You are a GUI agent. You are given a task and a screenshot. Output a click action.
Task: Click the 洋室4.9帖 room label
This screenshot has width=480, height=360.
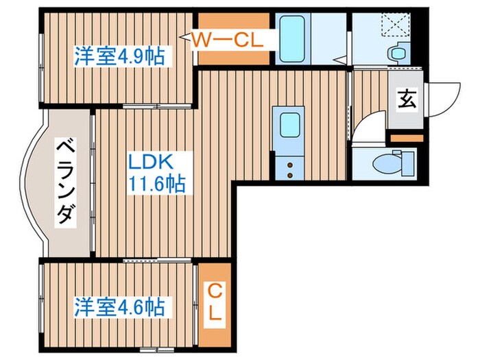(119, 56)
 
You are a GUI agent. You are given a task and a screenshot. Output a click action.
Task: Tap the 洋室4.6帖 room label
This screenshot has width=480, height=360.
(120, 306)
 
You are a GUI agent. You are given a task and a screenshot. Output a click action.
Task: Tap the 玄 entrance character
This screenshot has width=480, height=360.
(407, 100)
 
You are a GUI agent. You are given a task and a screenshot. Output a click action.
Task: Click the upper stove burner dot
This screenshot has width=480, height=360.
(289, 165)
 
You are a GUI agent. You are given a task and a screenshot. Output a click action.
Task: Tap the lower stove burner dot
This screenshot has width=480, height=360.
(289, 176)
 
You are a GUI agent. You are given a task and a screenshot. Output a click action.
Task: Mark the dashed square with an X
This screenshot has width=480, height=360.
(396, 26)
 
